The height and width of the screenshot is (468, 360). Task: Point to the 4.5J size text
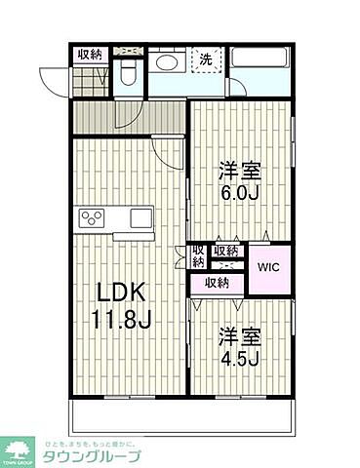pyautogui.click(x=240, y=359)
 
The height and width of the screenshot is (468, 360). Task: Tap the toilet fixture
pyautogui.click(x=127, y=72)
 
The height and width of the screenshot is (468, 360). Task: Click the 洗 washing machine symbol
pyautogui.click(x=206, y=58)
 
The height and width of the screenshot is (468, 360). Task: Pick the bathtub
pyautogui.click(x=259, y=71)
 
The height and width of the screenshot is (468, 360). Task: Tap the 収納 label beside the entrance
pyautogui.click(x=90, y=55)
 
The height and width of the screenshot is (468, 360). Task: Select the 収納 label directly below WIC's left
pyautogui.click(x=216, y=283)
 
